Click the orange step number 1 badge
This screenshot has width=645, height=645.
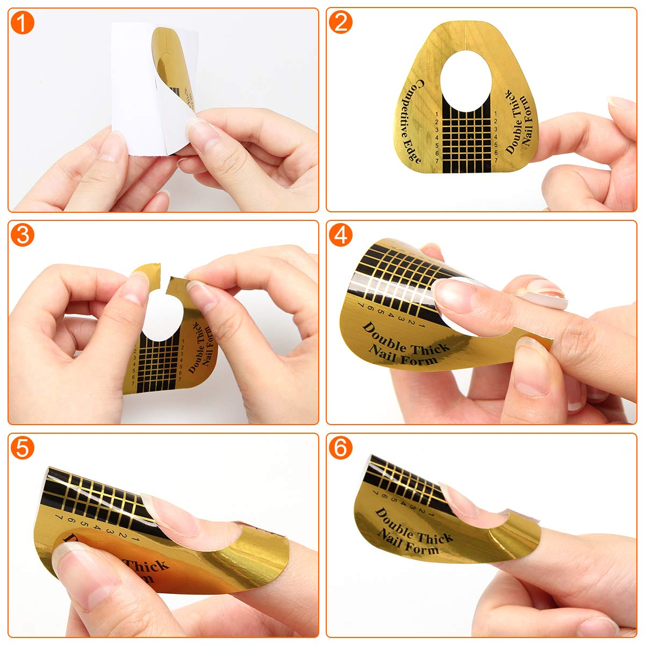[x=22, y=23]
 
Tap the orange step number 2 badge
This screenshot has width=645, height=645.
[x=341, y=23]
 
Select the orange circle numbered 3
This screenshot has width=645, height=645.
[x=22, y=235]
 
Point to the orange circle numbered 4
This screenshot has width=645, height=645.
[x=341, y=235]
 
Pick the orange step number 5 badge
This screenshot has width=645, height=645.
[x=22, y=447]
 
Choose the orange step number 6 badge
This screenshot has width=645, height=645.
[x=341, y=447]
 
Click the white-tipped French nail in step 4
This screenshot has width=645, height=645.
[x=543, y=293]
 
